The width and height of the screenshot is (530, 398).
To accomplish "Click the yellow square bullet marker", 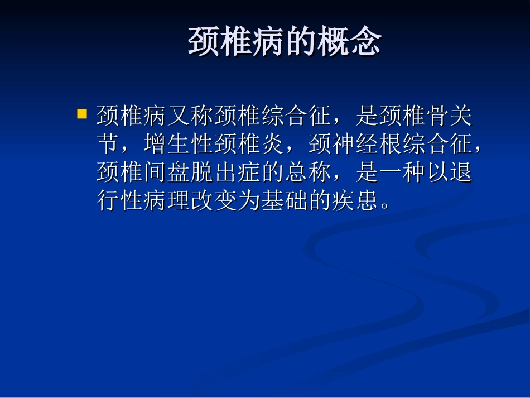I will point(82,114).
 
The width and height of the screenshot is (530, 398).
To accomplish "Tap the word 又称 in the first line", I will point(190,117).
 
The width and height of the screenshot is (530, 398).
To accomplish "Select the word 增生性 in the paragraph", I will point(178,145).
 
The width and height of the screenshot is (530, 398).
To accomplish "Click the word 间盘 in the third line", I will point(166,173).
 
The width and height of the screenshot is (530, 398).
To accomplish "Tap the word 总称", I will point(307,173).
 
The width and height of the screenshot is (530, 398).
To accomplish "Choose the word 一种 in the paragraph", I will point(401,173).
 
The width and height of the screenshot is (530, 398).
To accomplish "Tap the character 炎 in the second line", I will point(273,145).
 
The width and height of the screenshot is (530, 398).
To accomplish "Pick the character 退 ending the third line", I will point(460,173).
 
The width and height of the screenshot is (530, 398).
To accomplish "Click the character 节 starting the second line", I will point(108,145).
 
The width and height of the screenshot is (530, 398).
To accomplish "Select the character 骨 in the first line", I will point(436,117).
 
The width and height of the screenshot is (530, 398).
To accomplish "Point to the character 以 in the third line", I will point(437,173).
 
